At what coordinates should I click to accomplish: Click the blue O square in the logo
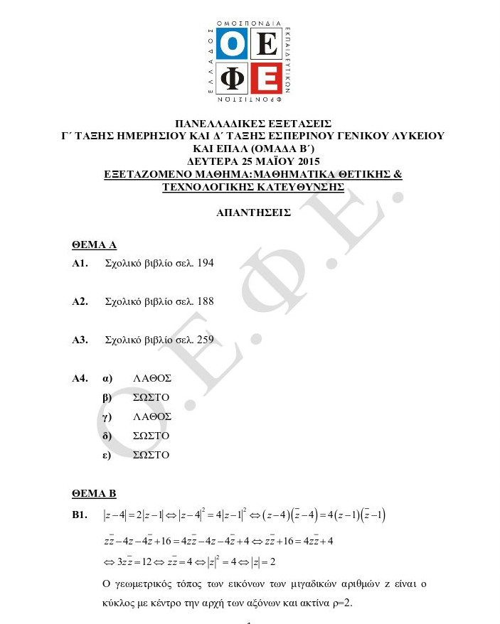click(x=233, y=45)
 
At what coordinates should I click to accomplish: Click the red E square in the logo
click(x=267, y=80)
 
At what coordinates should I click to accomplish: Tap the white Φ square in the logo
click(x=233, y=80)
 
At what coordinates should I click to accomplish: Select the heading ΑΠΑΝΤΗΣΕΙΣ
click(x=253, y=212)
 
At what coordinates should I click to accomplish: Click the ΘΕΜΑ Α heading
click(x=94, y=244)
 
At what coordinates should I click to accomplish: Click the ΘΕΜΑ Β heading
click(x=94, y=493)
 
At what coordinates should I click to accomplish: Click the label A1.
click(x=80, y=263)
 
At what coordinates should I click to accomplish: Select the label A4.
click(x=80, y=378)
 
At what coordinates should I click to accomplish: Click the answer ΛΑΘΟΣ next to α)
click(x=152, y=378)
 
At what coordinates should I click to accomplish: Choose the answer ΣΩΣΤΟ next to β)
click(x=151, y=397)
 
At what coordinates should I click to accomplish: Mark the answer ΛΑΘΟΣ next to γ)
click(x=152, y=416)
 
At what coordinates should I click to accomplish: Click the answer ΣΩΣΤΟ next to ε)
click(x=151, y=455)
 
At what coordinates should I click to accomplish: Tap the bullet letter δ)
click(x=107, y=436)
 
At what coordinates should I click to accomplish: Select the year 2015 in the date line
click(x=307, y=161)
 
